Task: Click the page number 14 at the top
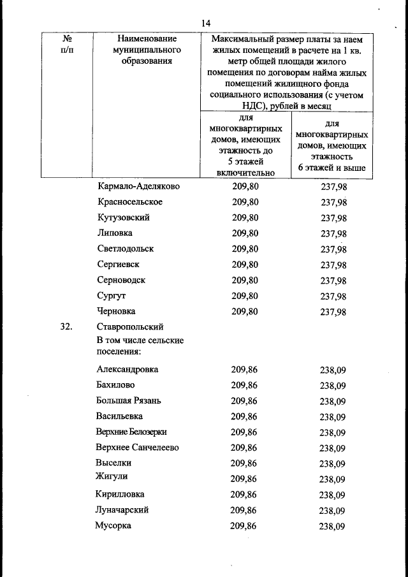tap(206, 23)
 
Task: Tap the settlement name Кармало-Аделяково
tap(138, 186)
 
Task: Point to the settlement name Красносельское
tap(130, 202)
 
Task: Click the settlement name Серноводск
tap(121, 280)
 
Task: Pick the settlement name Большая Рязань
tap(128, 400)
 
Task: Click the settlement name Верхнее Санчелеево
tap(137, 448)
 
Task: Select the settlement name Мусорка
tap(113, 526)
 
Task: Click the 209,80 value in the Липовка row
tap(245, 233)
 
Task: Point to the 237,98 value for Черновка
tap(333, 312)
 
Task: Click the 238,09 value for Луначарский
tap(333, 511)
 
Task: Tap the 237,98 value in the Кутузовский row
tap(333, 219)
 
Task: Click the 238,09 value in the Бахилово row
tap(333, 386)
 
